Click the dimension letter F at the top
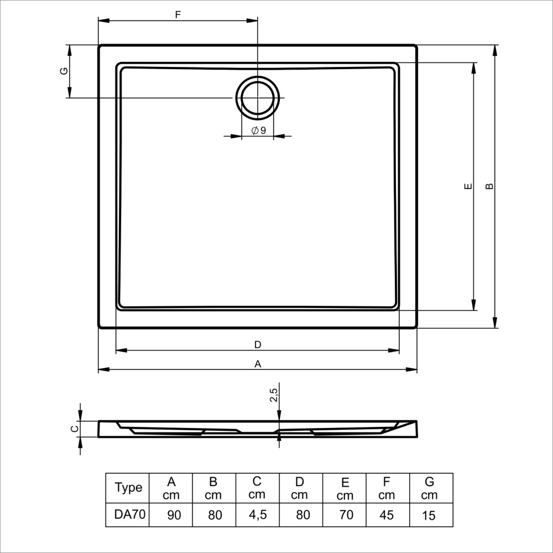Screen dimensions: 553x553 pos(178,14)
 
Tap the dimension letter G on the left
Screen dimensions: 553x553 pos(64,71)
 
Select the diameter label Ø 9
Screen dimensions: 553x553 pos(259,131)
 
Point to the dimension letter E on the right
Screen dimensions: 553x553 pos(468,186)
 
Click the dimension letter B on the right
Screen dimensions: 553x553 pos(489,186)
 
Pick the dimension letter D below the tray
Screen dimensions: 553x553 pos(258,345)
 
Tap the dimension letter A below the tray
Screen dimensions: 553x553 pos(258,364)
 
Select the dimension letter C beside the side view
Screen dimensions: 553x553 pos(75,429)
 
